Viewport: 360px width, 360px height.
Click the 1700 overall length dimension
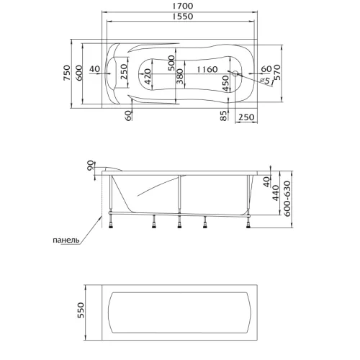click(x=183, y=6)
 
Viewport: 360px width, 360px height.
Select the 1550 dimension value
click(x=183, y=17)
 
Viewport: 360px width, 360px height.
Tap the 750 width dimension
click(x=67, y=73)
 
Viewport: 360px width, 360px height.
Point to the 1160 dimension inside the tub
click(x=207, y=69)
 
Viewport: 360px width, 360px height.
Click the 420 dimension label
click(x=148, y=76)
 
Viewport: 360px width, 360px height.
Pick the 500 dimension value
click(x=171, y=63)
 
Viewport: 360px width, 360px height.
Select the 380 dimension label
click(x=180, y=76)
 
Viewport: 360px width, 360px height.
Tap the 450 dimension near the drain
click(x=225, y=84)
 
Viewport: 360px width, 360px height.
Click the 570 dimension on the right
click(x=276, y=72)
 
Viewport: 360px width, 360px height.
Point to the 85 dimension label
click(x=223, y=116)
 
